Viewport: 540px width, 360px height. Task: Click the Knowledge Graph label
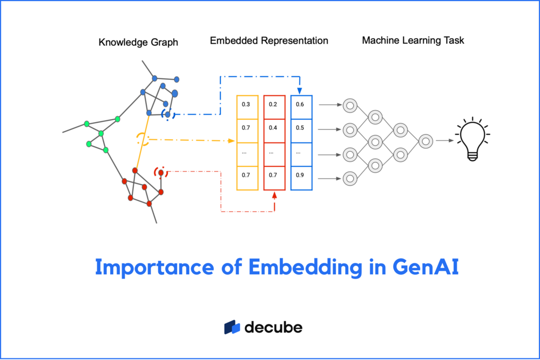138,42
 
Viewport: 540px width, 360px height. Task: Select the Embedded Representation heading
269,40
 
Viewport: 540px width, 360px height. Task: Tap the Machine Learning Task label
413,40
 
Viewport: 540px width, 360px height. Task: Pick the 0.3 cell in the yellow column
246,104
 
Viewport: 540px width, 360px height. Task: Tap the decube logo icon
232,327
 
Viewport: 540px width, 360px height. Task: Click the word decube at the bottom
273,327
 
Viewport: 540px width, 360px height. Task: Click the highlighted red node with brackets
161,173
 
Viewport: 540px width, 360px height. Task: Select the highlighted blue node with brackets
168,114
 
